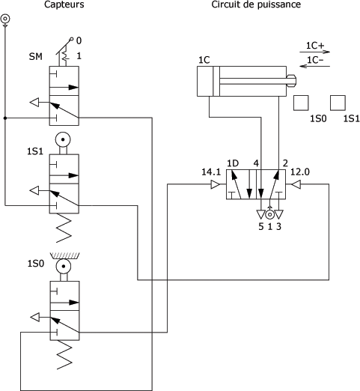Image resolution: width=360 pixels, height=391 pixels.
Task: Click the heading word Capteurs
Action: pos(64,4)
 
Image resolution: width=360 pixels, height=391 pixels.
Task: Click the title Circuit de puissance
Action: pos(256,4)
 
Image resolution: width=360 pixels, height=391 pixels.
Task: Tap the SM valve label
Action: pos(36,57)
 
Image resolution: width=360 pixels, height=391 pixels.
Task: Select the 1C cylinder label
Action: pos(204,60)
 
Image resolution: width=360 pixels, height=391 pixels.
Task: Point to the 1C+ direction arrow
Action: pos(315,52)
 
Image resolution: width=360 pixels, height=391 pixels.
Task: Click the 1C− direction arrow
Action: pos(315,66)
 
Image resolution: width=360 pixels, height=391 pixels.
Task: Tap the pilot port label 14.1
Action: pos(211,172)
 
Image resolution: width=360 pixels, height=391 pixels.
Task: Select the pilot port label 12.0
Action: pos(300,172)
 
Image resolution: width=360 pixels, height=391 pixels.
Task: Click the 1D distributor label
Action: pos(233,163)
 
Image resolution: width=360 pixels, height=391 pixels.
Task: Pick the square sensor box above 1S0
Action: pos(301,103)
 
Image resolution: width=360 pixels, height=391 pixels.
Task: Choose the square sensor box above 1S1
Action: pos(338,103)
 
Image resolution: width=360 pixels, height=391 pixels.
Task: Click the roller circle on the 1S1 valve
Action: pos(63,139)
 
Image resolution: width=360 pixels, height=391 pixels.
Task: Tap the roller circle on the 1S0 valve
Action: pos(64,267)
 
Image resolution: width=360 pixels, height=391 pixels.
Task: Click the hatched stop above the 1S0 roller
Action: pos(65,255)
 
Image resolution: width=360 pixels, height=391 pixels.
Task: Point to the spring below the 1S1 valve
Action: pos(64,228)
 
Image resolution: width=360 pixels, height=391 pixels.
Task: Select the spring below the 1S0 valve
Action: pos(64,354)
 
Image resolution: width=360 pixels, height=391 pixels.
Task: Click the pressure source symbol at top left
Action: pos(5,19)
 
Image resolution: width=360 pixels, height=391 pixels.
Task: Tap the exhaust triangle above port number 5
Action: pos(260,214)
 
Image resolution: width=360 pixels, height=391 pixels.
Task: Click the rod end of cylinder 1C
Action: pos(291,81)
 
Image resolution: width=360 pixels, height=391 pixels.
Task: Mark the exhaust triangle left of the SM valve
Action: pos(34,102)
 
